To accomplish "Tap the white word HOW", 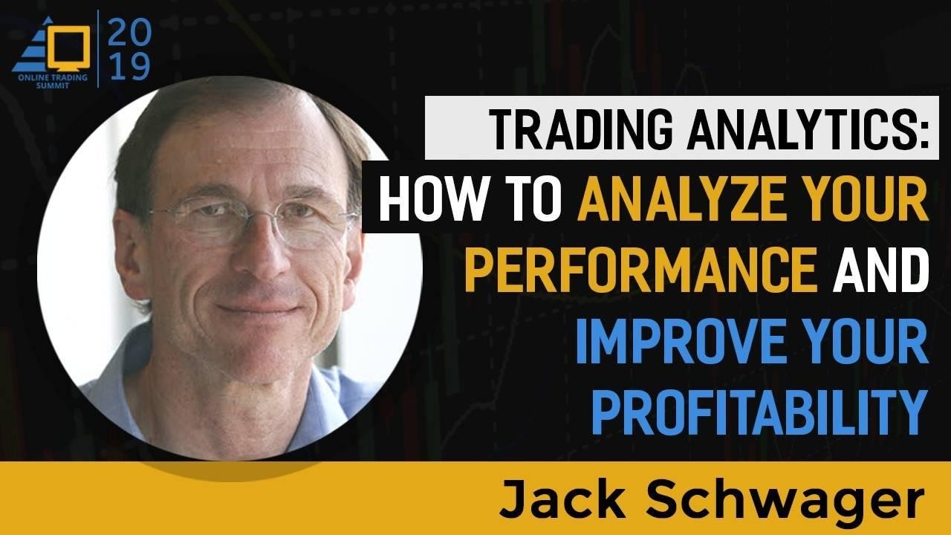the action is coord(432,200).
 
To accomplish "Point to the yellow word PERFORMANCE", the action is coord(641,271).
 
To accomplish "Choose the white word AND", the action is coord(880,271).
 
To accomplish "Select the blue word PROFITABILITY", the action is coord(759,413).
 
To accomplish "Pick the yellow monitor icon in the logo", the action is coord(68,48).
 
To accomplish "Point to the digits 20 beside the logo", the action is coord(129,33).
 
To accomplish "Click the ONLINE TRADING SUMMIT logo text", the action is coord(53,81).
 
